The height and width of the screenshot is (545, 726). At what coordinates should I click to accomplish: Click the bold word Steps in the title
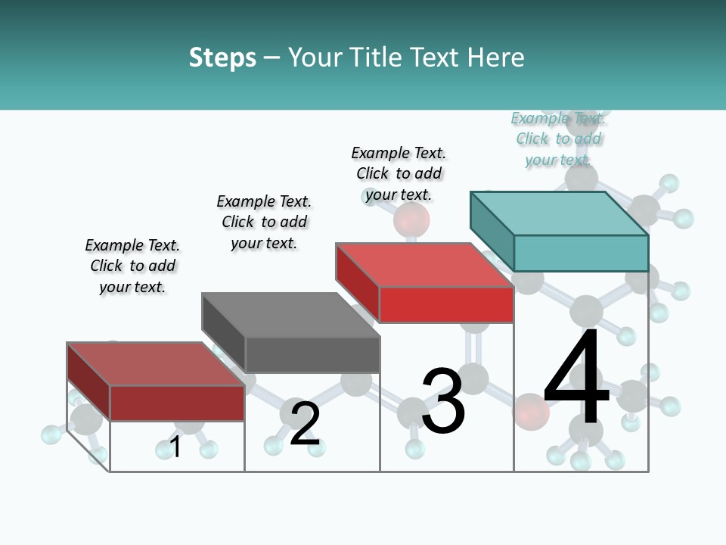coord(222,58)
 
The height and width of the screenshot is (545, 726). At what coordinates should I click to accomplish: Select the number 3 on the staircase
coord(442,401)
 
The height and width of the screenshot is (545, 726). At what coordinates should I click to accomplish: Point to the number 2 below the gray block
coord(305,423)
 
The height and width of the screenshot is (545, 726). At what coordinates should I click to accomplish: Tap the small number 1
coord(175,447)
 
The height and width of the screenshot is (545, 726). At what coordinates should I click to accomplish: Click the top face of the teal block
coord(560,213)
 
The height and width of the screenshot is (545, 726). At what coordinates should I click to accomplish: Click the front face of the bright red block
coord(446,304)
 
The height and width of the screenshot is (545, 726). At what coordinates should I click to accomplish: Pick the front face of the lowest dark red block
coord(177,403)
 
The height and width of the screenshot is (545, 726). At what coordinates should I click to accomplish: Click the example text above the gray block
coord(264,222)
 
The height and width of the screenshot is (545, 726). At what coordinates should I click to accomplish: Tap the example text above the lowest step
coord(132,266)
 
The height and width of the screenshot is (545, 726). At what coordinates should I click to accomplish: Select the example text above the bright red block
coord(399,173)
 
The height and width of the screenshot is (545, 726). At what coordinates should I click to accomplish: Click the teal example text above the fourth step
coord(558,139)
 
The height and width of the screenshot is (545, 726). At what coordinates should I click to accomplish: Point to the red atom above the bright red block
coord(411,220)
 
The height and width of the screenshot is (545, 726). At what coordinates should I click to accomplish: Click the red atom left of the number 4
coord(530,412)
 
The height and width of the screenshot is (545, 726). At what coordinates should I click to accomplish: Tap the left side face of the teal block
coord(492,231)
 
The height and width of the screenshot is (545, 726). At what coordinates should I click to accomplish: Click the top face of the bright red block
coord(423,265)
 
